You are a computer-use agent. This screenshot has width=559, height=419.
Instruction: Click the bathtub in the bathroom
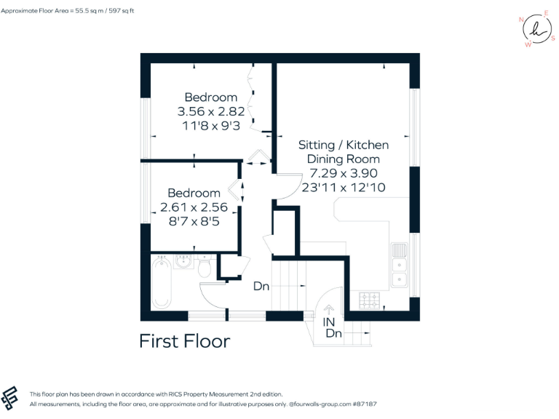[x=162, y=284]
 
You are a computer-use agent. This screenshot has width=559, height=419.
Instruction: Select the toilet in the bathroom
[x=205, y=268]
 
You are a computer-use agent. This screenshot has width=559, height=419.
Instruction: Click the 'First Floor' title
[x=184, y=341]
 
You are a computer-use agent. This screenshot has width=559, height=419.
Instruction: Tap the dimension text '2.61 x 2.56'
[x=194, y=207]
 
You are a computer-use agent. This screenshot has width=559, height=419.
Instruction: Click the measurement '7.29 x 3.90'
[x=343, y=173]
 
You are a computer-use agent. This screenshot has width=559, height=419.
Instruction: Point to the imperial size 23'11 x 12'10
[x=343, y=187]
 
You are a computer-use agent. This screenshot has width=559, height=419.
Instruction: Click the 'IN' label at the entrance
[x=329, y=322]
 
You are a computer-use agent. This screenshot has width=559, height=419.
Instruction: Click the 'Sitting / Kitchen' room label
[x=343, y=145]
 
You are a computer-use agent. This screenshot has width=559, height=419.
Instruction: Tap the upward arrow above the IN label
[x=329, y=311]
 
